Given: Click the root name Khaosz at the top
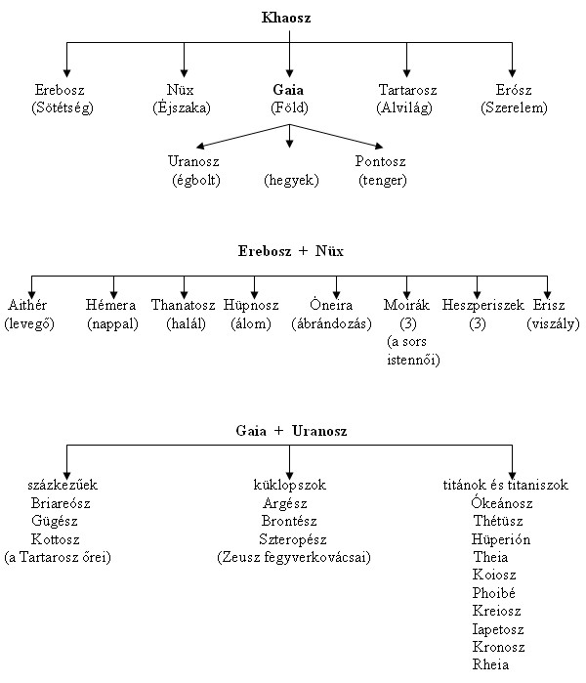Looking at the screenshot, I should pyautogui.click(x=291, y=18).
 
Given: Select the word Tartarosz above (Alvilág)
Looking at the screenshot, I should pyautogui.click(x=407, y=91).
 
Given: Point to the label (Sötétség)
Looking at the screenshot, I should pyautogui.click(x=62, y=107).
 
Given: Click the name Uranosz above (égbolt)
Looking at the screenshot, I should pyautogui.click(x=194, y=162).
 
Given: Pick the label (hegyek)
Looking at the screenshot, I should pyautogui.click(x=291, y=180).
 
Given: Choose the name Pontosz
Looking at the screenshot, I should pyautogui.click(x=382, y=162).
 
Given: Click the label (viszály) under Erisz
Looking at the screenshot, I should pyautogui.click(x=553, y=323).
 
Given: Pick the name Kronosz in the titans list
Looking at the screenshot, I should pyautogui.click(x=497, y=647).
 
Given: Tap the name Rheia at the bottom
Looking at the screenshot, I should pyautogui.click(x=490, y=664).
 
